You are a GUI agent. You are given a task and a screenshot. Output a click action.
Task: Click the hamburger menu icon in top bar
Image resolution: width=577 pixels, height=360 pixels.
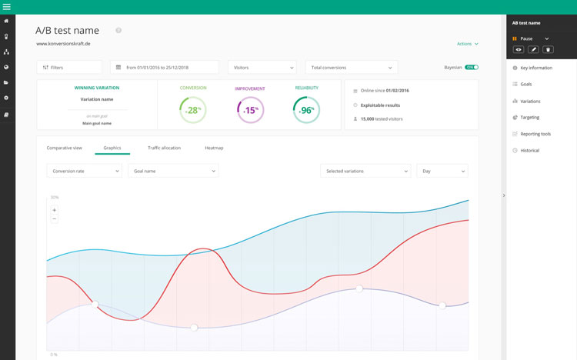pyautogui.click(x=7, y=7)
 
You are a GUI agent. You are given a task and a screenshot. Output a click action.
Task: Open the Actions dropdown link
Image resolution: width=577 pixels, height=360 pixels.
pyautogui.click(x=467, y=44)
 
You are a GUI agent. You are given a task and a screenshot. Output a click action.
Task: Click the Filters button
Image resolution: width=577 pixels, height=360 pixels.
pyautogui.click(x=68, y=68)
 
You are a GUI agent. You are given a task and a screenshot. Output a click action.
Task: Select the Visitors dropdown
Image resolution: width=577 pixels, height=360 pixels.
pyautogui.click(x=262, y=68)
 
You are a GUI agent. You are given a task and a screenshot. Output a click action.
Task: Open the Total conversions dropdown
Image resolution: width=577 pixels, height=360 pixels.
pyautogui.click(x=351, y=68)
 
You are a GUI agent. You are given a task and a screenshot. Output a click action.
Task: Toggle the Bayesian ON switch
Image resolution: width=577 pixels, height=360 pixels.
pyautogui.click(x=471, y=68)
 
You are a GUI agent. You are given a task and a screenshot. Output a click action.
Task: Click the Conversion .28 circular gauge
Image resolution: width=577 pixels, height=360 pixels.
pyautogui.click(x=193, y=110)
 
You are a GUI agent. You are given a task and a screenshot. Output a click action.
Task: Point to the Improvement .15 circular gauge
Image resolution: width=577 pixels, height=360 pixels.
pyautogui.click(x=250, y=110)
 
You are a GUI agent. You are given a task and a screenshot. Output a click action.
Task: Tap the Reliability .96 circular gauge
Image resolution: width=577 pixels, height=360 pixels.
pyautogui.click(x=306, y=110)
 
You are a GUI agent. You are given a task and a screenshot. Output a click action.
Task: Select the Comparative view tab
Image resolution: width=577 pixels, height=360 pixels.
pyautogui.click(x=64, y=148)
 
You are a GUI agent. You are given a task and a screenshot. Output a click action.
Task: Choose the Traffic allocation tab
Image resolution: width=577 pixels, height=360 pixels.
pyautogui.click(x=164, y=148)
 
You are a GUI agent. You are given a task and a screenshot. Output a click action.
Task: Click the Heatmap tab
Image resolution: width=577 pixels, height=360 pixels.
pyautogui.click(x=214, y=148)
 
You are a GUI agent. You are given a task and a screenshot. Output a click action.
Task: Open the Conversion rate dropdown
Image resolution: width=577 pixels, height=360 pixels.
pyautogui.click(x=84, y=171)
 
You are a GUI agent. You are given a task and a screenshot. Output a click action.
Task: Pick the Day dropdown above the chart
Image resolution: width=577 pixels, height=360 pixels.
pyautogui.click(x=442, y=171)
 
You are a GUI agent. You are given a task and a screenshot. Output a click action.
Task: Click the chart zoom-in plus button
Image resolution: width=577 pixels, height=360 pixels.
pyautogui.click(x=54, y=210)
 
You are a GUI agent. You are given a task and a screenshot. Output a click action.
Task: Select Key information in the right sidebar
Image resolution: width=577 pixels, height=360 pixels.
pyautogui.click(x=535, y=68)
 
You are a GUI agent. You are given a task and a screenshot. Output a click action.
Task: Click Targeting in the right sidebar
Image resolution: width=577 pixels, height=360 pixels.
pyautogui.click(x=529, y=118)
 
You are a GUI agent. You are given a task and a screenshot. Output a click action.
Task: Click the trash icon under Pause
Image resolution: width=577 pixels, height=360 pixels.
pyautogui.click(x=548, y=49)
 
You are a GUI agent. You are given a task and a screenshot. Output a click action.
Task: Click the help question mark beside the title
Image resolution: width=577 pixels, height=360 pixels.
pyautogui.click(x=118, y=31)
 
